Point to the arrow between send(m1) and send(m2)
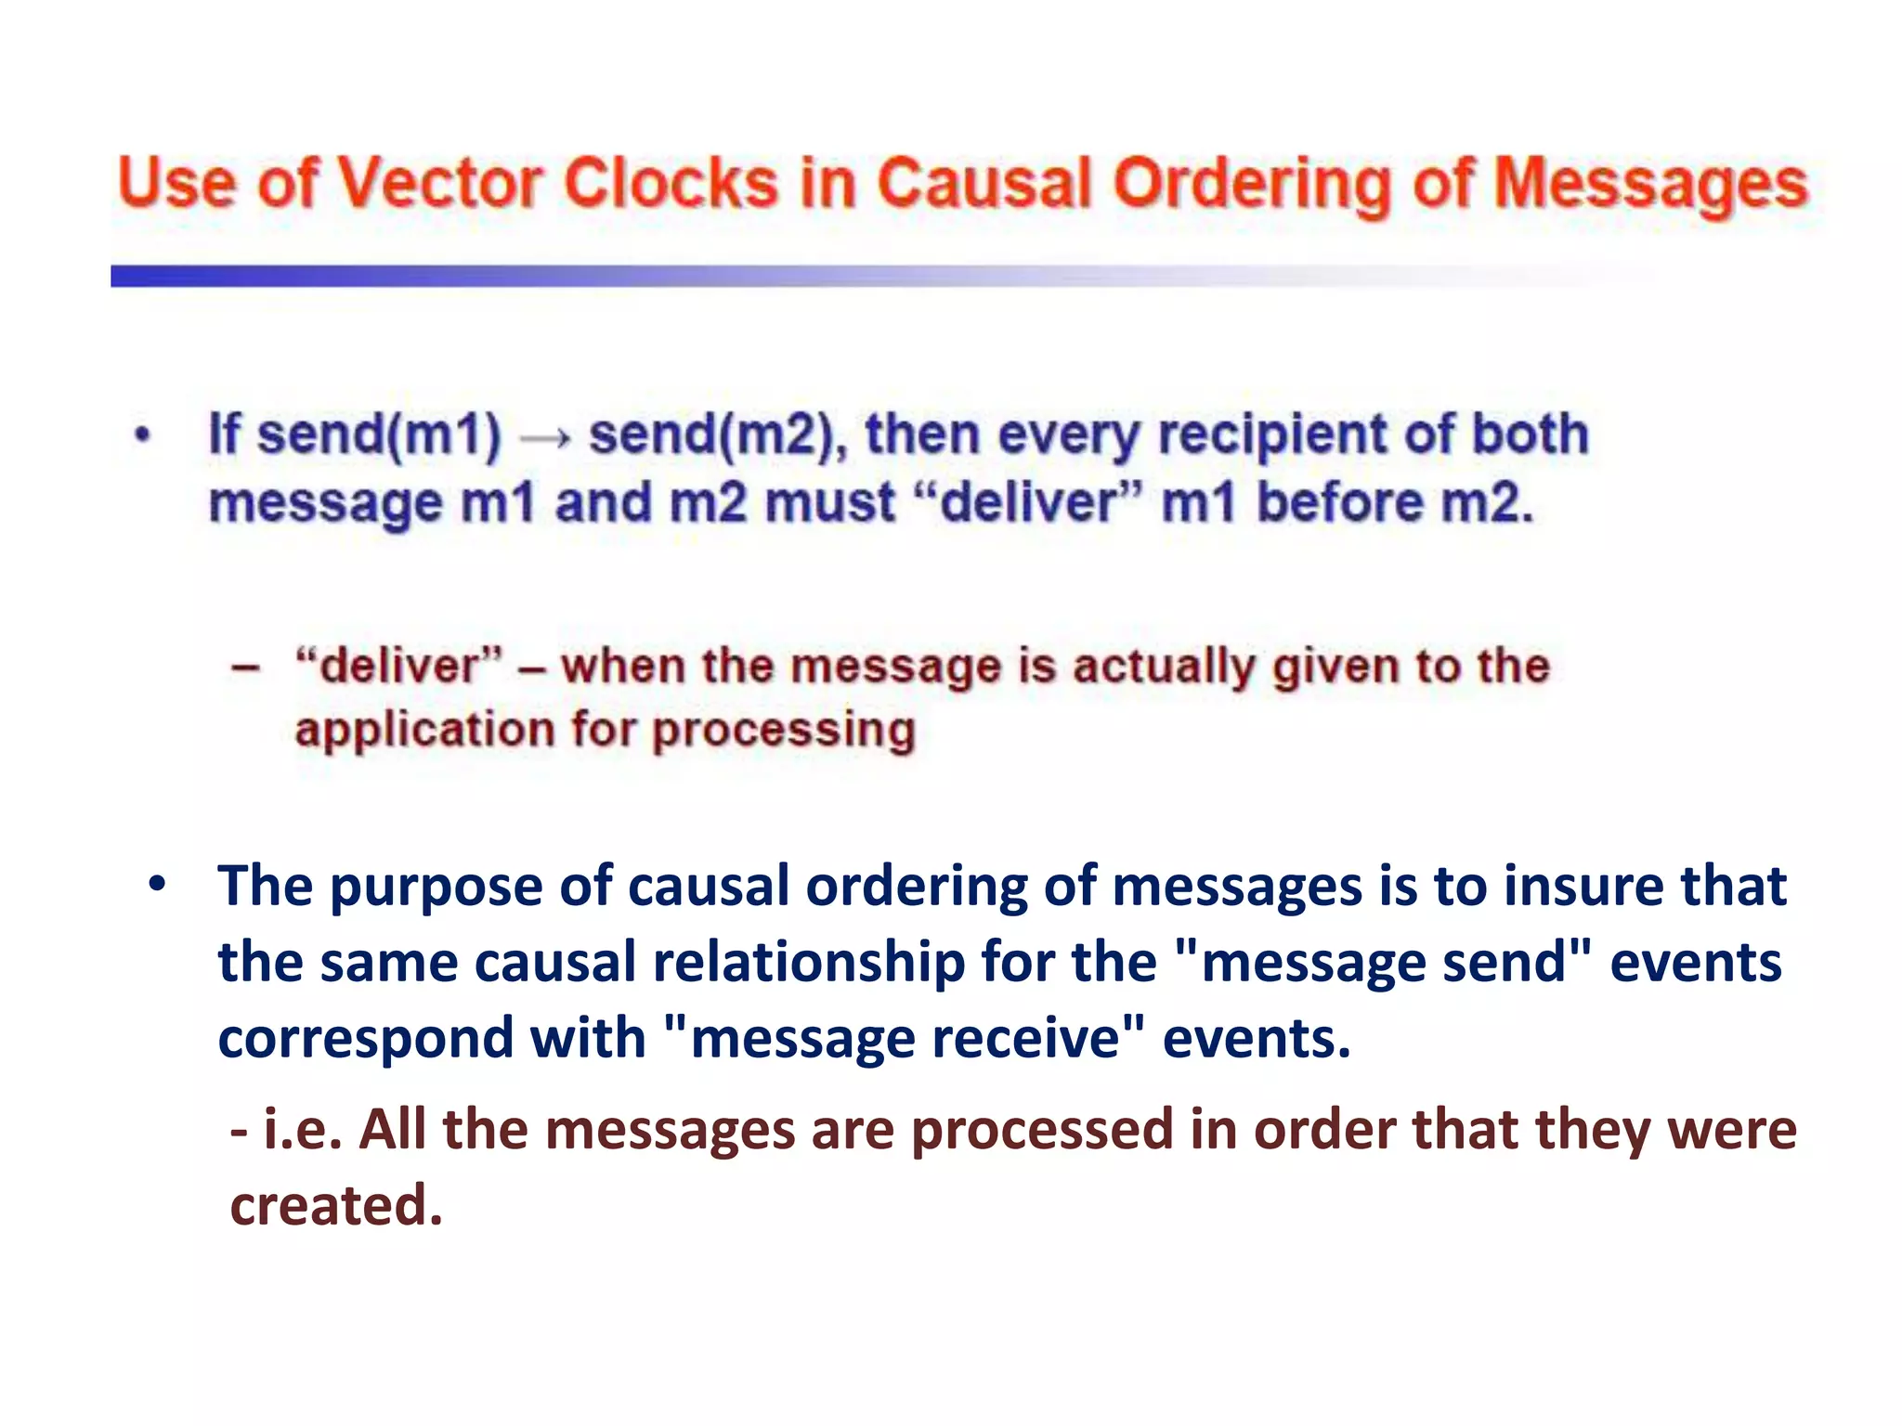[x=544, y=437]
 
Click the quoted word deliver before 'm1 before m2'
[x=1027, y=503]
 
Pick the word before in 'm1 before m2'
[x=1339, y=503]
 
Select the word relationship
[x=809, y=963]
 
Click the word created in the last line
[x=336, y=1205]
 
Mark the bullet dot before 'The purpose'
[x=157, y=885]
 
